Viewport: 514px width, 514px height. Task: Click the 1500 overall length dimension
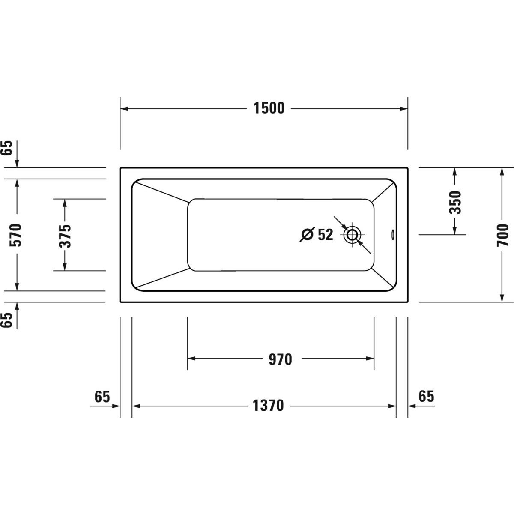269,108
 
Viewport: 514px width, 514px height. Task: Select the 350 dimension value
455,202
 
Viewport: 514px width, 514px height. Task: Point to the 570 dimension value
15,235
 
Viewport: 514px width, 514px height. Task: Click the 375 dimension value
65,236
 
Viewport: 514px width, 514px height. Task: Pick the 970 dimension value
280,359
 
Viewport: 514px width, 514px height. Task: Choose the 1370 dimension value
268,406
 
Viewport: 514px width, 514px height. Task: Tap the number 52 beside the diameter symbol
326,235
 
